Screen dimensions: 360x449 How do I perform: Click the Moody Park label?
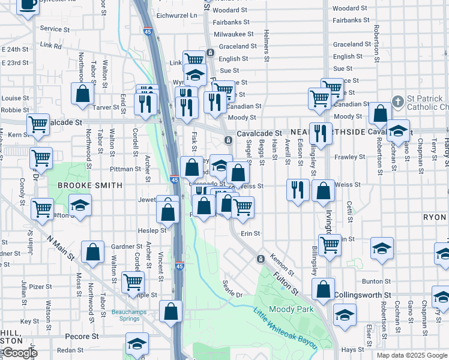point(292,309)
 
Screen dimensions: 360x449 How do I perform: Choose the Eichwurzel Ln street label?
point(176,14)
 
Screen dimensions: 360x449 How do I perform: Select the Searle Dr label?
point(232,289)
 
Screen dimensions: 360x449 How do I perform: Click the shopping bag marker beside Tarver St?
point(83,94)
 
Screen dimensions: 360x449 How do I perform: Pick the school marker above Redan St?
point(137,344)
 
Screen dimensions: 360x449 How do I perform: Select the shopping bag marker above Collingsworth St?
point(324,289)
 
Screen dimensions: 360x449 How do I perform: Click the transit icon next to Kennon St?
point(261,259)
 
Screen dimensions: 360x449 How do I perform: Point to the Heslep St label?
point(152,230)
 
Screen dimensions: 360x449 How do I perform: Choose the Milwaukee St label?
point(231,34)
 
